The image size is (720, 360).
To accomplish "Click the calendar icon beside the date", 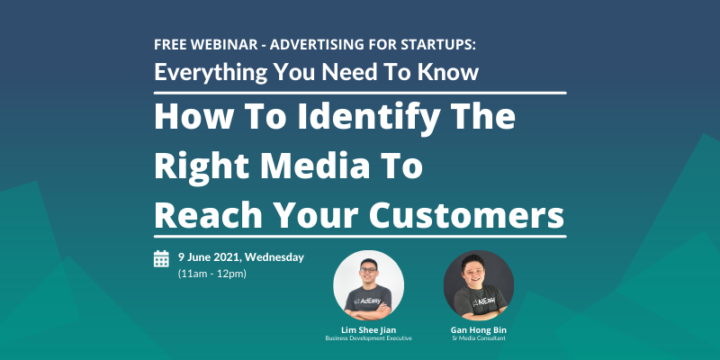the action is click(161, 258).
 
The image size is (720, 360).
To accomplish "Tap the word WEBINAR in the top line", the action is click(225, 44).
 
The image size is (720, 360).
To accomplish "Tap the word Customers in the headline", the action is click(466, 215).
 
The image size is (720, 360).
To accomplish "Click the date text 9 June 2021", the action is click(210, 257).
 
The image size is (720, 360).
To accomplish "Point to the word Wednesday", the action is click(274, 257).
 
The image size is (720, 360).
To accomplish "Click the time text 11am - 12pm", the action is click(212, 274).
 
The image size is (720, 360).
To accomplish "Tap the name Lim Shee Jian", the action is click(369, 330).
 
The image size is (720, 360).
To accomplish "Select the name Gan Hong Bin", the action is click(479, 330).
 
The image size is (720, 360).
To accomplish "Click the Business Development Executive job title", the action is click(369, 338).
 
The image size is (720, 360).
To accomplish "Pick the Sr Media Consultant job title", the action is click(479, 338).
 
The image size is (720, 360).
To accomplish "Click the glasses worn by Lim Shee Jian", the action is click(368, 270).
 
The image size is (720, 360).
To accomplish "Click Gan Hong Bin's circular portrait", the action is click(479, 285).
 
